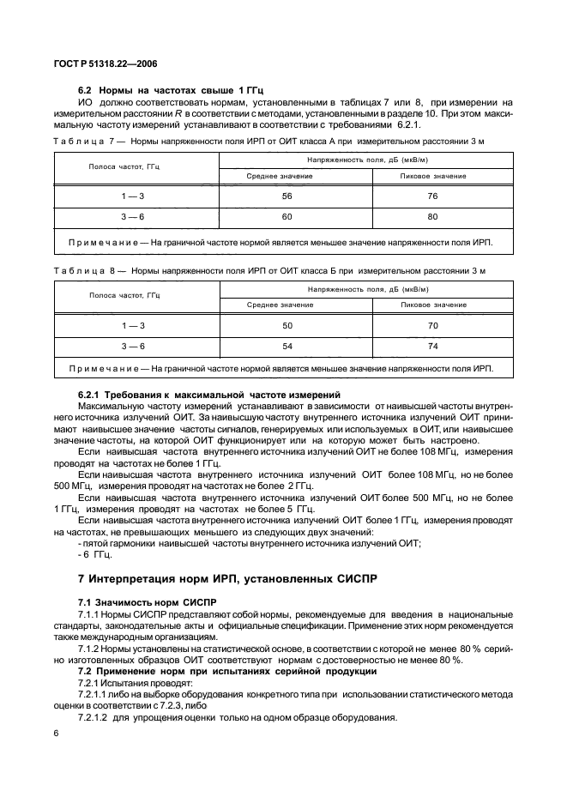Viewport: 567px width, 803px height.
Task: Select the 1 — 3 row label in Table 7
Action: pyautogui.click(x=133, y=196)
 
